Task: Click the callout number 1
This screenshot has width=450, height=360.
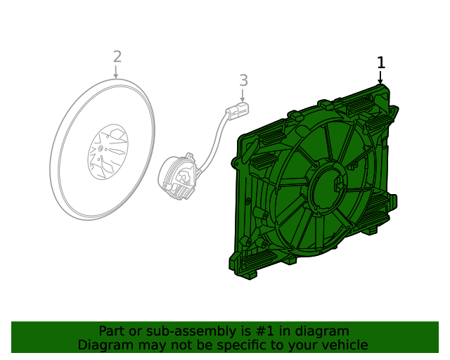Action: (381, 63)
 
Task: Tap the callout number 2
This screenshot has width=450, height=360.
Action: (117, 56)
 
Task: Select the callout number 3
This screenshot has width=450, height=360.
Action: (243, 80)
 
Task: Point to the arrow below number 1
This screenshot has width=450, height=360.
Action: (381, 78)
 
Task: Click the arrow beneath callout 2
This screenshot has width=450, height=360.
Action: (117, 72)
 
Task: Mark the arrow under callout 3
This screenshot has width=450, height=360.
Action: (243, 96)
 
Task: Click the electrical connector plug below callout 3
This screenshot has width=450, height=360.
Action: (238, 110)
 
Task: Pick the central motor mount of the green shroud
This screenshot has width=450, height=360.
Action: (328, 186)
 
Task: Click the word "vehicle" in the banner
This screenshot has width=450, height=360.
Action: (345, 345)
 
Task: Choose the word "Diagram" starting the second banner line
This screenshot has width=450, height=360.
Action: (104, 345)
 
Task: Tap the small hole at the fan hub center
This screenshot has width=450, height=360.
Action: (102, 148)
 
